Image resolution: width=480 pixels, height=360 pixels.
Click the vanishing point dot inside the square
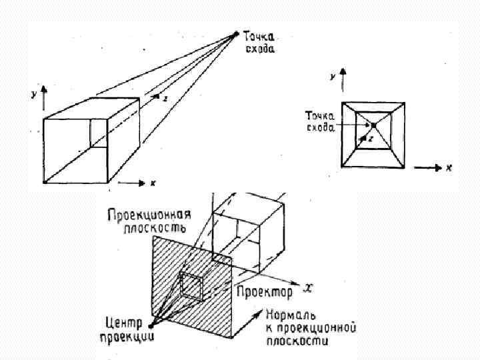(x=374, y=125)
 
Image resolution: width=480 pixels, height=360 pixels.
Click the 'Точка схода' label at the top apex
(x=260, y=42)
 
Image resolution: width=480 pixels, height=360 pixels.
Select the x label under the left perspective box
(x=153, y=183)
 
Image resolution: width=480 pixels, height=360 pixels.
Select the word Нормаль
(x=290, y=314)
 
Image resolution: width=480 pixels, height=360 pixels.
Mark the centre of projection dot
(x=151, y=326)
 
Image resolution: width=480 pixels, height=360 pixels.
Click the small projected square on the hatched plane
(x=193, y=285)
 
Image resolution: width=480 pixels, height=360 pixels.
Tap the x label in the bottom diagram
(x=308, y=287)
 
